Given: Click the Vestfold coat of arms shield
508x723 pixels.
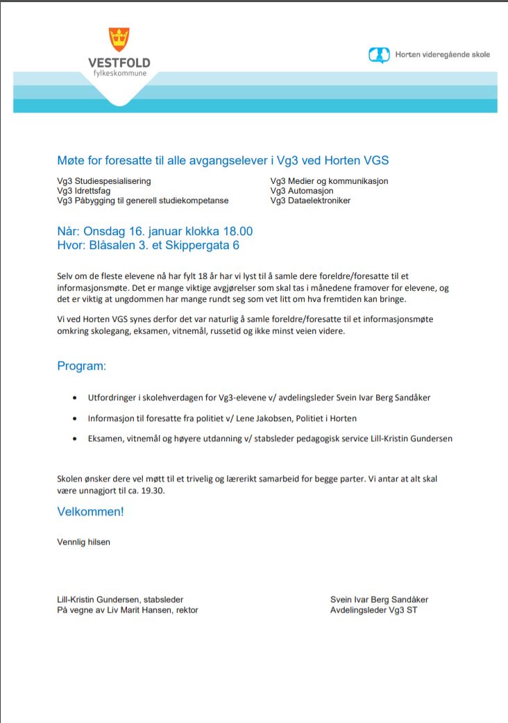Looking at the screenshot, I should coord(119,40).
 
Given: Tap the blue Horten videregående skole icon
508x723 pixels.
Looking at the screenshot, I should coord(379,55).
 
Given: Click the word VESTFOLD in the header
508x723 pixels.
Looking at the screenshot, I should coord(119,63).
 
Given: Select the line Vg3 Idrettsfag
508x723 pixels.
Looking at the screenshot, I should coord(84,191).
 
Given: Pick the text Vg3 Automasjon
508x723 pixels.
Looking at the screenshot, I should coord(302,191).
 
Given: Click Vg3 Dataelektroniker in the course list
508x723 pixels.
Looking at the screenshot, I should coord(310,201).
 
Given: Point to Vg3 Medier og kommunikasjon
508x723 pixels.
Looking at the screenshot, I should coord(329,181).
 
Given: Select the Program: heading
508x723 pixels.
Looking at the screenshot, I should coord(82,366).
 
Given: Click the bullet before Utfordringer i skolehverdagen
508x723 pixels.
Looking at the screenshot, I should coord(75,398).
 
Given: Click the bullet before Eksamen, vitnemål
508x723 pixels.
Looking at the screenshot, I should coord(75,439).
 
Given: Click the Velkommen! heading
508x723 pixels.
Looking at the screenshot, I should coord(90,512).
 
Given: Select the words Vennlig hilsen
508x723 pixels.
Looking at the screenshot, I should coord(83,541).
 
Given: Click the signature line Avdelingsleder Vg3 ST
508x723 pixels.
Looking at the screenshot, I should coord(373,610).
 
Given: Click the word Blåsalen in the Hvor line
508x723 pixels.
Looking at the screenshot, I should coord(113,246).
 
